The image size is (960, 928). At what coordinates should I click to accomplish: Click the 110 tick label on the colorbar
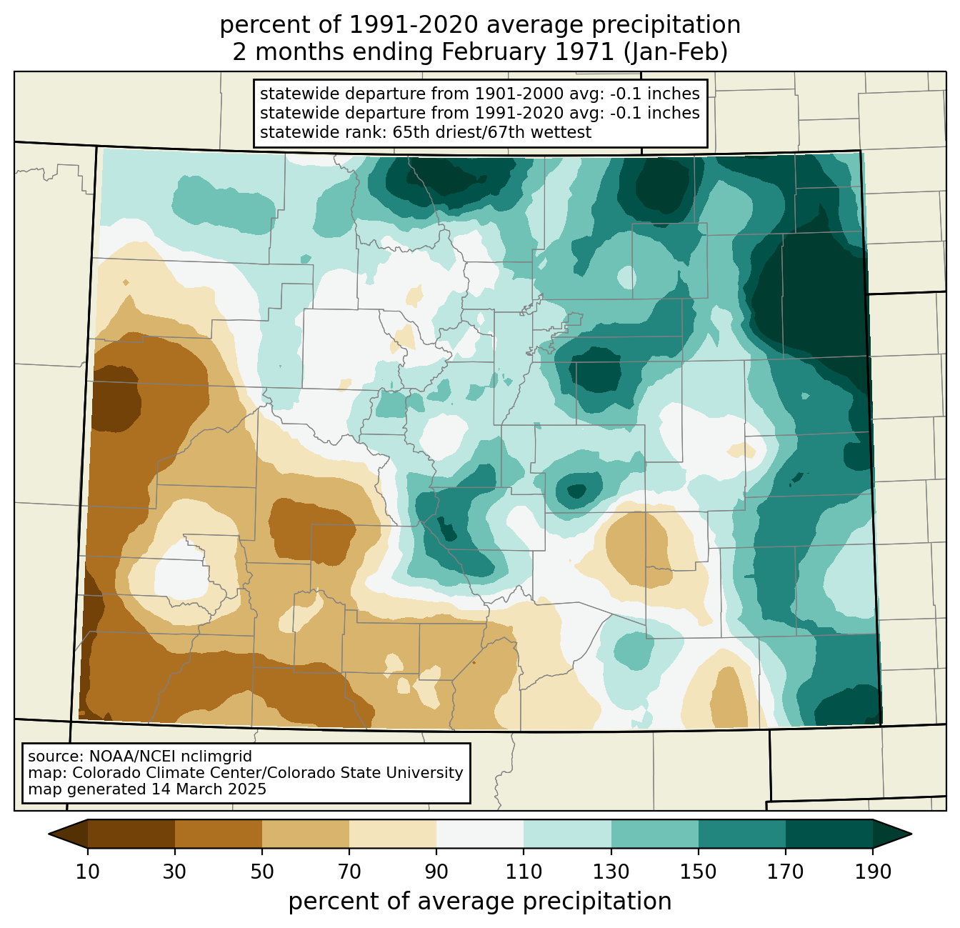[x=524, y=872]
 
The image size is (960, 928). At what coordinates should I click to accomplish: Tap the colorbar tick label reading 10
[x=87, y=872]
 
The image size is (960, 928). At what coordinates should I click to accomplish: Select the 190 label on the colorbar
[x=873, y=872]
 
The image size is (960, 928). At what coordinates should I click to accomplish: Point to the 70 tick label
[x=349, y=872]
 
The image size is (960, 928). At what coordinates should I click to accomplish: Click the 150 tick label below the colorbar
[x=698, y=872]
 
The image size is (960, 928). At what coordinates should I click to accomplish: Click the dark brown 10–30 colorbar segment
[x=131, y=834]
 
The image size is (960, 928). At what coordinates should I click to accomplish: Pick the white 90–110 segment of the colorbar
[x=480, y=834]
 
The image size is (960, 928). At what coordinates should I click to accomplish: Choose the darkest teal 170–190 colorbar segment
[x=829, y=834]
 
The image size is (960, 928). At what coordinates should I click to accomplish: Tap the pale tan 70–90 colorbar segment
[x=393, y=834]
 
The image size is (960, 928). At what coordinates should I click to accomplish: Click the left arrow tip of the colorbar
[x=49, y=834]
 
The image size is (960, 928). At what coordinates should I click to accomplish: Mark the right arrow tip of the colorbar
[x=911, y=834]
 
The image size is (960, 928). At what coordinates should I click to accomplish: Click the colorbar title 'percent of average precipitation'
[x=479, y=902]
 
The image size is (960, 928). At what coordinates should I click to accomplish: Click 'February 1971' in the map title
[x=527, y=52]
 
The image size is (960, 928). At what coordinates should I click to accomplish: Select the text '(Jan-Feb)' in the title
[x=675, y=52]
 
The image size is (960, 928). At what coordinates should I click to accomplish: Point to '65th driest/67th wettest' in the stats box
[x=492, y=133]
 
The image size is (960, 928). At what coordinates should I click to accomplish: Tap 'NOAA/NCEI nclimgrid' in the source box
[x=170, y=757]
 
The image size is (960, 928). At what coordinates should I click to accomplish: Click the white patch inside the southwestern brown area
[x=181, y=575]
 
